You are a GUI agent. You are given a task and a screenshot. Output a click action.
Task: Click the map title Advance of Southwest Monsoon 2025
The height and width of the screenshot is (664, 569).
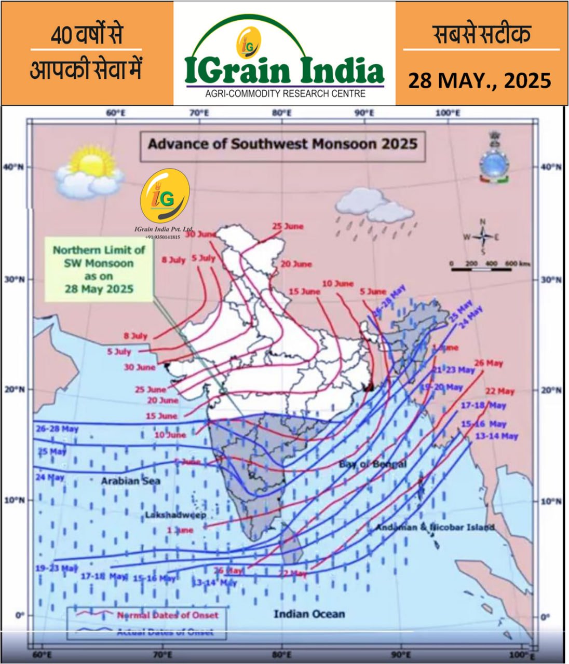coord(282,143)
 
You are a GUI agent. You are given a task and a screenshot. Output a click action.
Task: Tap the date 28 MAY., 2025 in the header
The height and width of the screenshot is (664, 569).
coord(479,80)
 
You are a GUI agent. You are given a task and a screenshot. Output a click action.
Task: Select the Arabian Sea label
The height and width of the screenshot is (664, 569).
coord(130,481)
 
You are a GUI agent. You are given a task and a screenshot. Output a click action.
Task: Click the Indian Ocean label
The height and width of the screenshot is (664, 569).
coord(309,614)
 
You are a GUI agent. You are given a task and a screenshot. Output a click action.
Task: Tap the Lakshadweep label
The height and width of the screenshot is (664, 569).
coord(175,515)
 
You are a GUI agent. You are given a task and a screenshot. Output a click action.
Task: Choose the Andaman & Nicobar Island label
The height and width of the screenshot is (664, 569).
coord(435,527)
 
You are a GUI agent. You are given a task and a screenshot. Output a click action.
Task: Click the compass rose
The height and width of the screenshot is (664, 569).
coord(482,237)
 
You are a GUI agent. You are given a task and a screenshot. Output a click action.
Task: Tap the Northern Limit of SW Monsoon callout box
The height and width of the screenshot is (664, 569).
coord(99,269)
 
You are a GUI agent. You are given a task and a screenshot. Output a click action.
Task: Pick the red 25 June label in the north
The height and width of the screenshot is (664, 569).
coord(288,227)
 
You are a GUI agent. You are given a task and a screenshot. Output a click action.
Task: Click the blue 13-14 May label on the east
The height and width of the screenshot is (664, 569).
coord(496,436)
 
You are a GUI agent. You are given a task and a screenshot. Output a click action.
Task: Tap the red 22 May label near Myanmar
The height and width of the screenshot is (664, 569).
coord(499,391)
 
